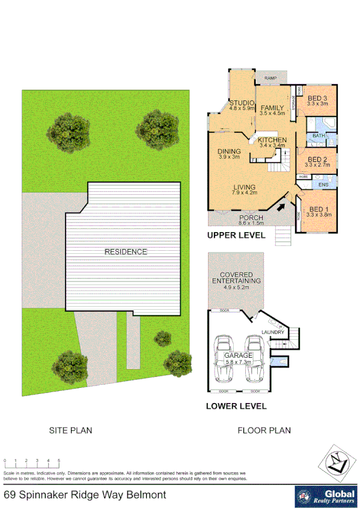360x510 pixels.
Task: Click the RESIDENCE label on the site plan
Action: (126, 251)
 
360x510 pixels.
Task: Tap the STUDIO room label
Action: (242, 103)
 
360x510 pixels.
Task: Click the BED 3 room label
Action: (317, 98)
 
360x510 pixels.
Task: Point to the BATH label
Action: (318, 136)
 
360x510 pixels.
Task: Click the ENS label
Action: (323, 185)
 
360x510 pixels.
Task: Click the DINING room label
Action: (229, 152)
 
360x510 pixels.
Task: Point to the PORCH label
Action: (252, 218)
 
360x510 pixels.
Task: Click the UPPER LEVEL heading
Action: (236, 236)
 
